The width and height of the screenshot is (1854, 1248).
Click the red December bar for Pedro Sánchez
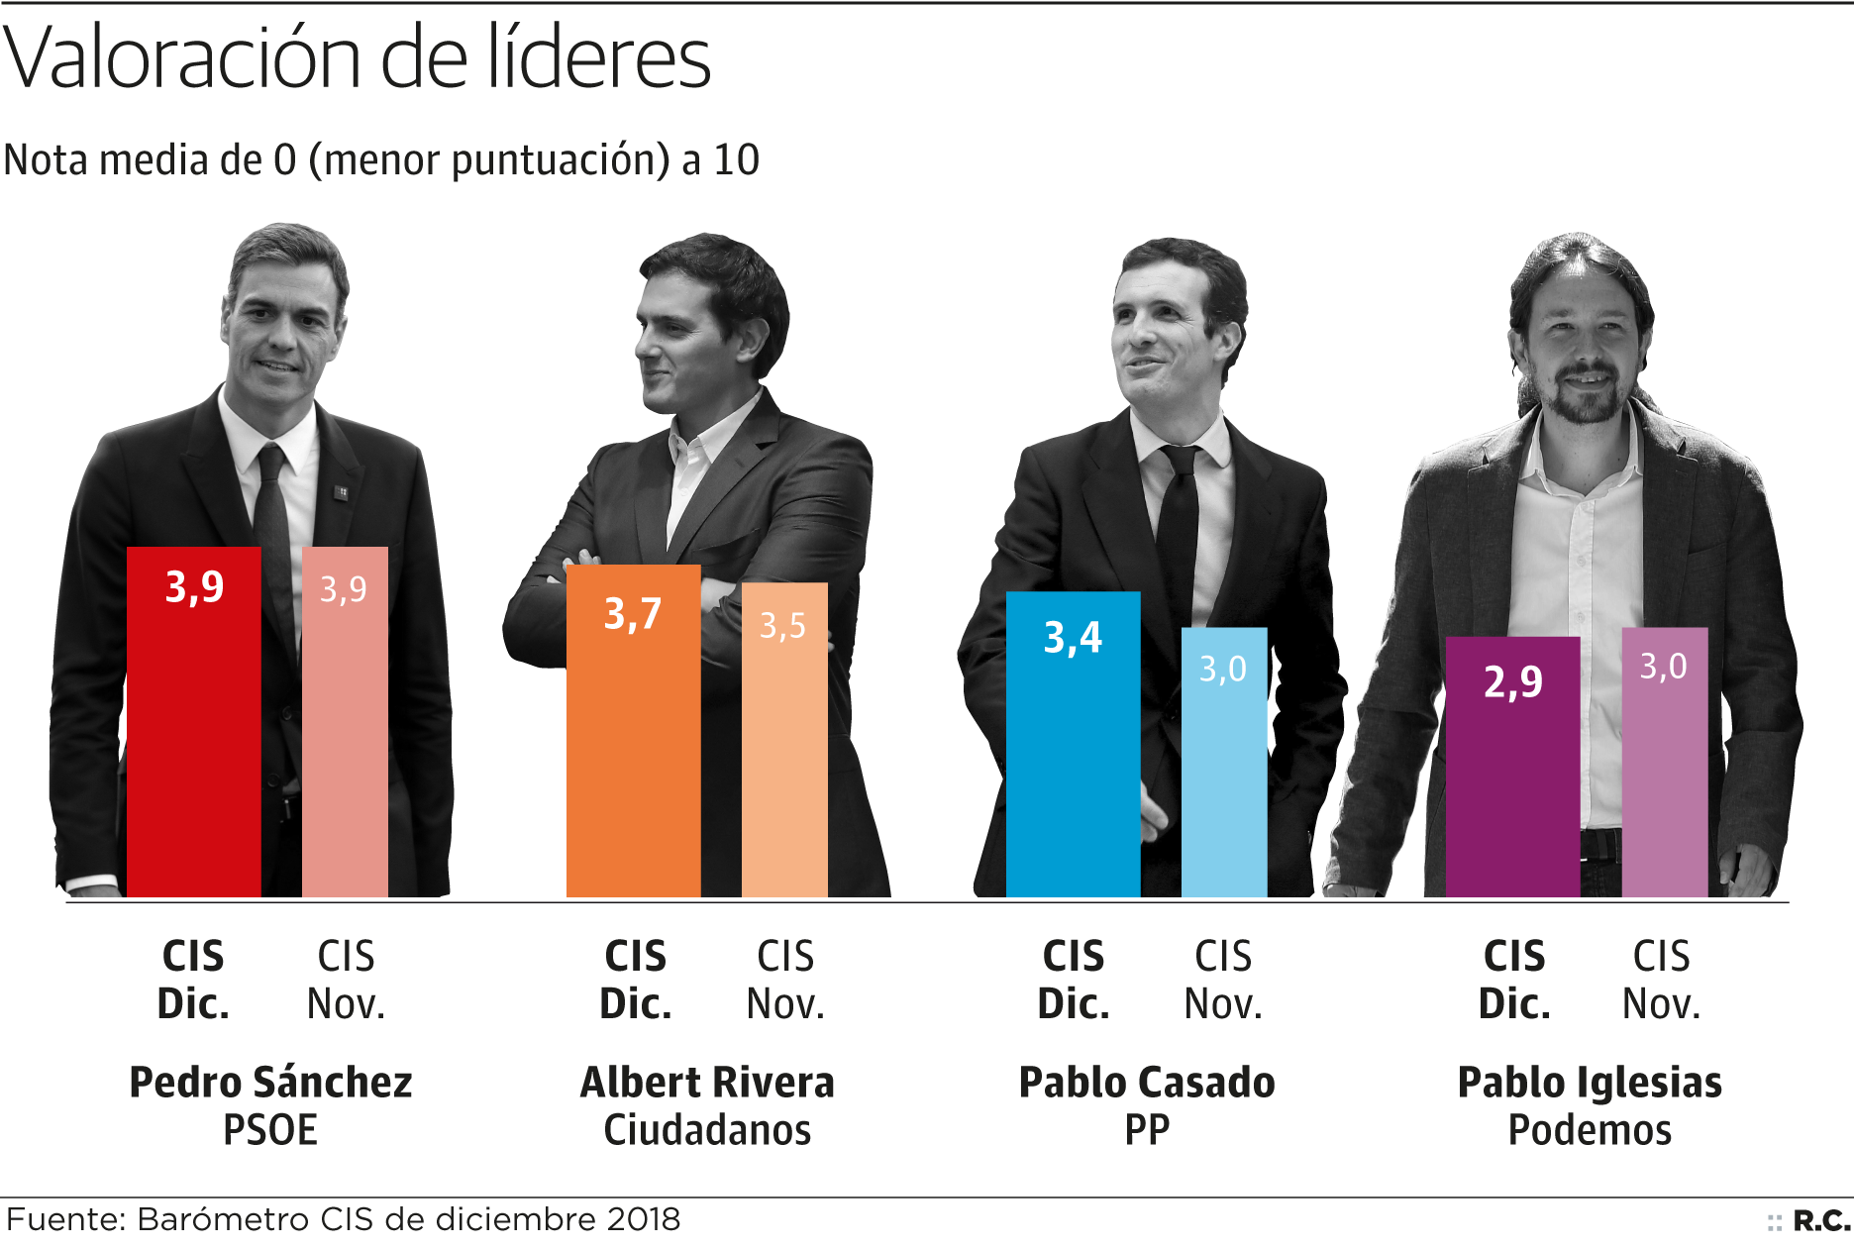[194, 723]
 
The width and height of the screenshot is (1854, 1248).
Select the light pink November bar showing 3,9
[345, 723]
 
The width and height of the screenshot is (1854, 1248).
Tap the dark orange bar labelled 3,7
[634, 733]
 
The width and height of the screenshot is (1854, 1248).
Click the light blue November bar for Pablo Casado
[1224, 763]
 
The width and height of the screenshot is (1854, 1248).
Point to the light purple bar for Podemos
[1664, 763]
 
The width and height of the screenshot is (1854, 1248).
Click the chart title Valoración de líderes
[357, 57]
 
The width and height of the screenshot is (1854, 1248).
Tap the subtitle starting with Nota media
[381, 159]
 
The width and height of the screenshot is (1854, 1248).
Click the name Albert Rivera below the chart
[707, 1083]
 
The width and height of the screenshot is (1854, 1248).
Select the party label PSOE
[269, 1130]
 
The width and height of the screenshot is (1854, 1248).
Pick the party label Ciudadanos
[707, 1130]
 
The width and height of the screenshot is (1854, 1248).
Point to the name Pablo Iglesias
[1590, 1083]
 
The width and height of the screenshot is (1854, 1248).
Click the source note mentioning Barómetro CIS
[344, 1219]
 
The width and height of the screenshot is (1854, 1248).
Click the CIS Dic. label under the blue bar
[1074, 980]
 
